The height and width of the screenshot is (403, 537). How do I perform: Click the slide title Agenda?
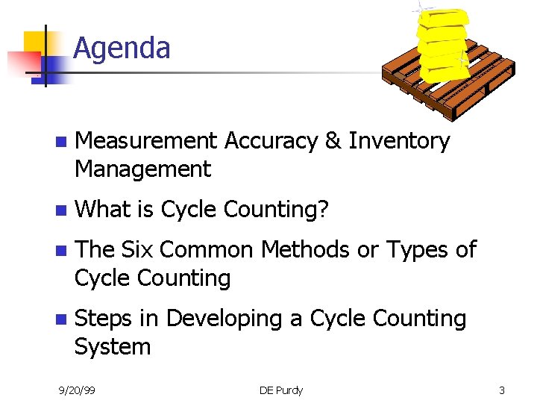tap(122, 49)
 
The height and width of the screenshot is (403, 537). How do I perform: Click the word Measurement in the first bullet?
tap(146, 141)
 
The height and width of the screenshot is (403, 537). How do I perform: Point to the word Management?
tap(142, 170)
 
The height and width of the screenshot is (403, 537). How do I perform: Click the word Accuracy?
tap(271, 141)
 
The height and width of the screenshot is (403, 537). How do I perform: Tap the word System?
tap(112, 347)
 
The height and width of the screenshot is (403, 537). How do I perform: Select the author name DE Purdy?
tap(281, 390)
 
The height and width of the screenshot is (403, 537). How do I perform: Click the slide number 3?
tap(502, 390)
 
